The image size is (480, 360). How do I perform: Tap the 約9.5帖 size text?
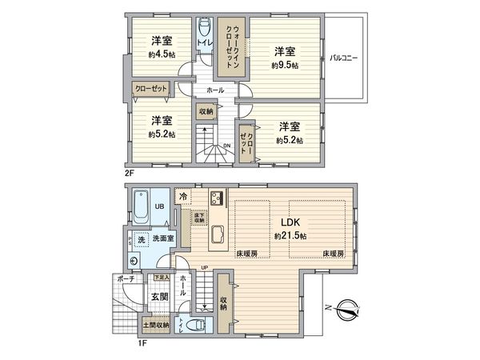click(285, 65)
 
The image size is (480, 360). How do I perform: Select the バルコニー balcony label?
click(344, 58)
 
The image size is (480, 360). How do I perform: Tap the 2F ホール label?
click(214, 90)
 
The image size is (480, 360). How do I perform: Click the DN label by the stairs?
click(227, 145)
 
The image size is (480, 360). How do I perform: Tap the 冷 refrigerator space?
click(183, 196)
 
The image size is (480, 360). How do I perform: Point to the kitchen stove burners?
click(216, 198)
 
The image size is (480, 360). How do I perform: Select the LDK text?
click(290, 223)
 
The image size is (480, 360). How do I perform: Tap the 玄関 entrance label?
click(158, 297)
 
